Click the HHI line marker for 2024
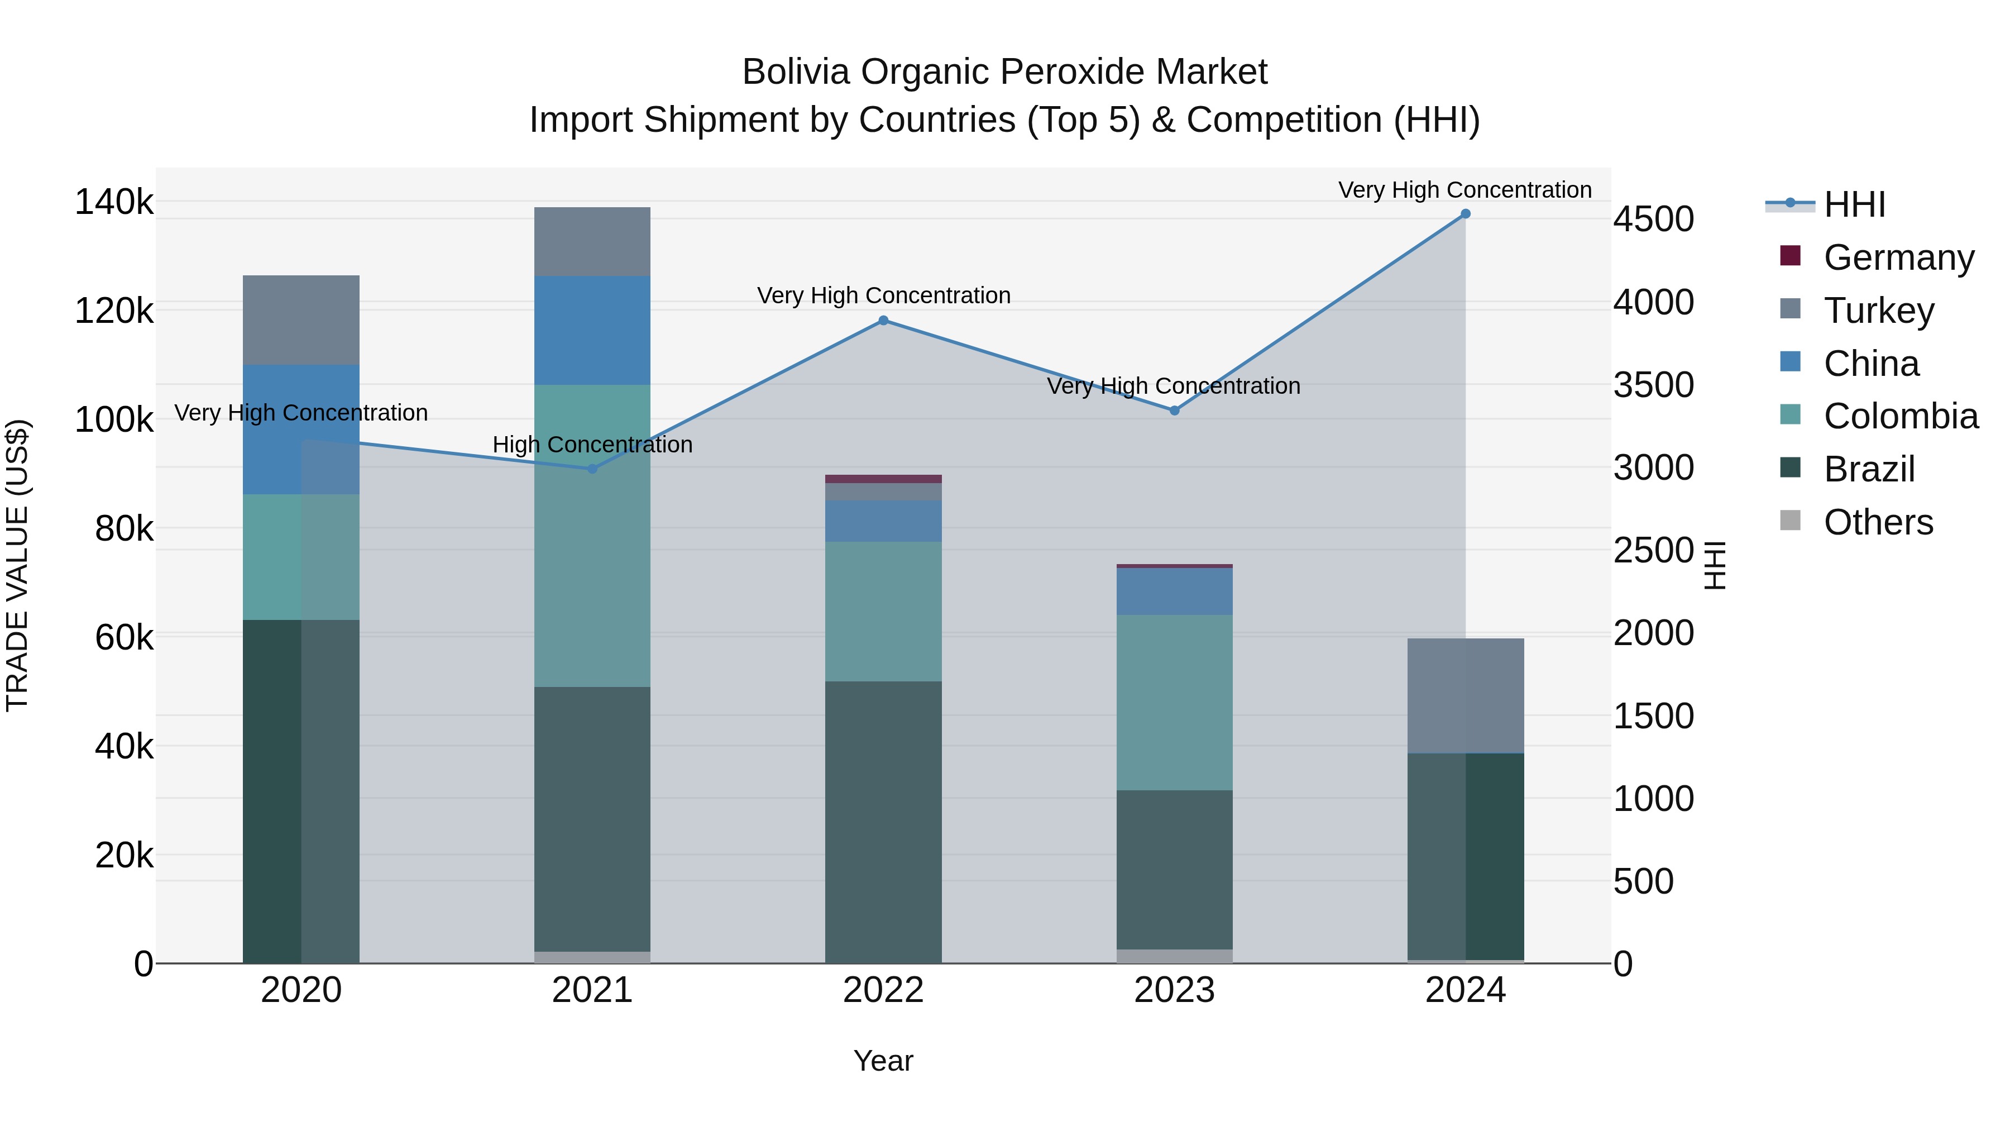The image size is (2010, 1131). [x=1466, y=214]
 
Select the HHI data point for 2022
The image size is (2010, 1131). [x=883, y=320]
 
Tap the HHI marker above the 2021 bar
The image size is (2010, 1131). [x=592, y=469]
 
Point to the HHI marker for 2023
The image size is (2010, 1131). [x=1174, y=410]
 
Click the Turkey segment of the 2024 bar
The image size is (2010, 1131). [x=1466, y=695]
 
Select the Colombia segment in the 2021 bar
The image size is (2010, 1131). [x=592, y=536]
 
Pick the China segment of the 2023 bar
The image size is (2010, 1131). [x=1174, y=591]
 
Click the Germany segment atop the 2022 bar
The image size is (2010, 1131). [x=883, y=479]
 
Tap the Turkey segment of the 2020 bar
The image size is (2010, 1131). [x=301, y=320]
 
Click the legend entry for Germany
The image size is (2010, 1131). [x=1898, y=257]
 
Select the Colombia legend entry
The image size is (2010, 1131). [x=1900, y=416]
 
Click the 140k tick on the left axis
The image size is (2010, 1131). [x=114, y=202]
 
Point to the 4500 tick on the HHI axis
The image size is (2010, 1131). [x=1653, y=219]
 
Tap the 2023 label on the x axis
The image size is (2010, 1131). [x=1174, y=990]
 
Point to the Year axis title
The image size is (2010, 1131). [x=883, y=1061]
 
